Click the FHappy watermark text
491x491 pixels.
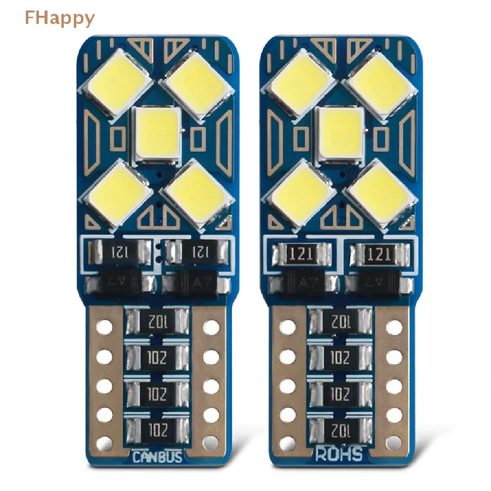[x=59, y=18]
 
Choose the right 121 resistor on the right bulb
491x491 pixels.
[x=380, y=253]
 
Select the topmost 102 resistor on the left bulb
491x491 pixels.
[x=156, y=319]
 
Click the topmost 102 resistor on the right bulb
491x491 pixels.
[x=340, y=319]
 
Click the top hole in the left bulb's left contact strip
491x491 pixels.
[x=105, y=327]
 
